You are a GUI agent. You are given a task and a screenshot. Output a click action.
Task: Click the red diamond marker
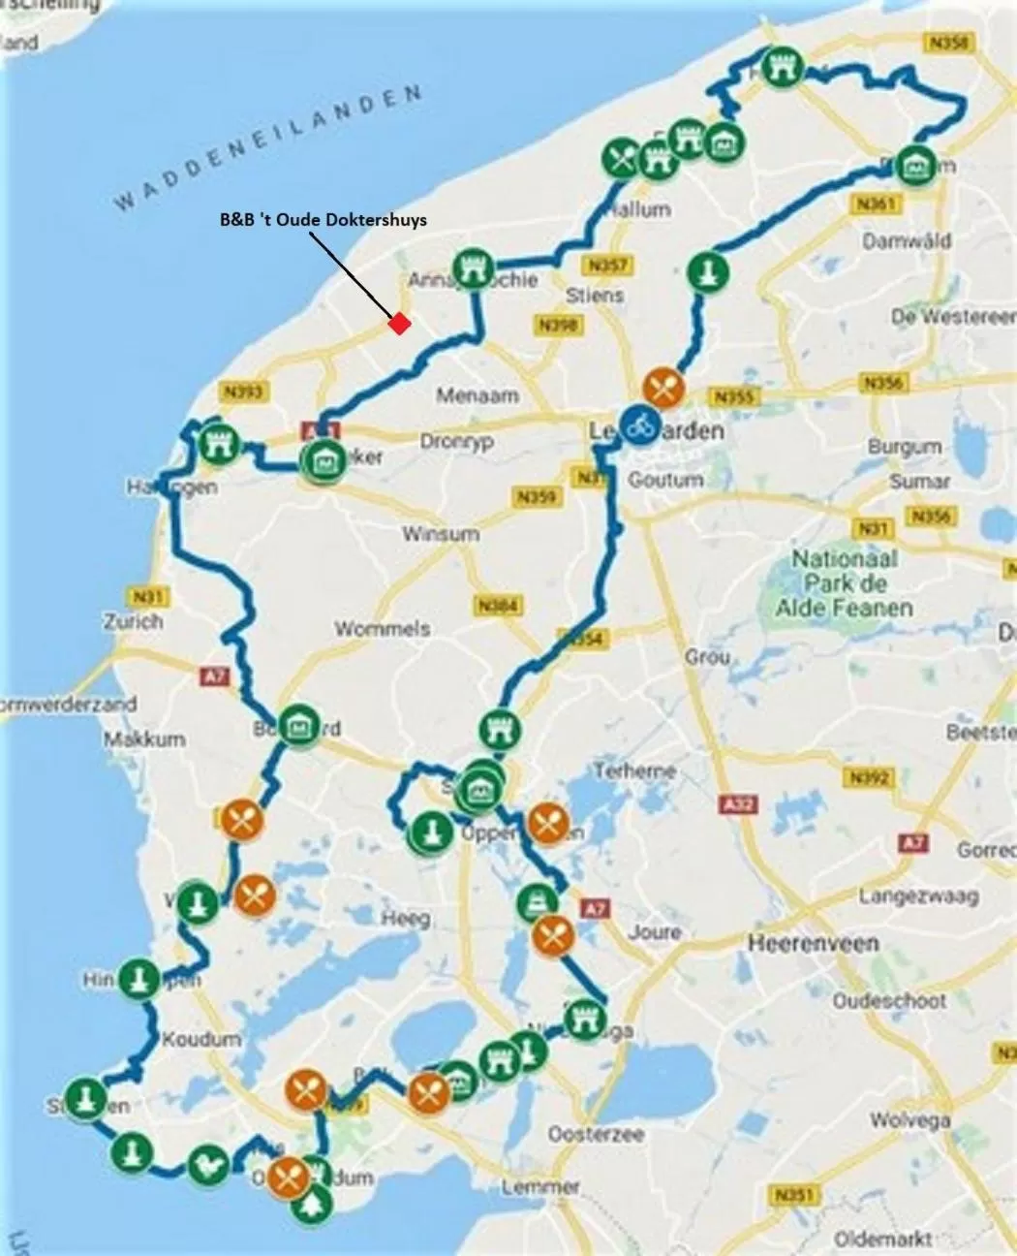tap(397, 324)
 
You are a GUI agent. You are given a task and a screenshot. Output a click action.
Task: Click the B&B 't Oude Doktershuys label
tap(324, 220)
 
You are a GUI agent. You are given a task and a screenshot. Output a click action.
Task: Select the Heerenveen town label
tap(813, 942)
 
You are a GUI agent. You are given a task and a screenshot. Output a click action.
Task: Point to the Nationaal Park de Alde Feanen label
tap(844, 582)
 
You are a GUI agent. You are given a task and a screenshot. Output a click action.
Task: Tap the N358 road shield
tap(946, 44)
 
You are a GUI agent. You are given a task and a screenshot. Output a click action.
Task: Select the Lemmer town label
tap(541, 1186)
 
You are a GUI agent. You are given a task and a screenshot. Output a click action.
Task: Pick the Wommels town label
tap(382, 629)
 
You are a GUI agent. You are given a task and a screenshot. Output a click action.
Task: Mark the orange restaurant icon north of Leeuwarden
tap(663, 388)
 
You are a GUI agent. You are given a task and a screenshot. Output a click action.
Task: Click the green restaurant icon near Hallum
tap(622, 156)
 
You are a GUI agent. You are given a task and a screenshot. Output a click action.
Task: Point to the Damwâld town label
tap(907, 240)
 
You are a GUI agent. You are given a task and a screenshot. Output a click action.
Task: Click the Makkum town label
tap(144, 738)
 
